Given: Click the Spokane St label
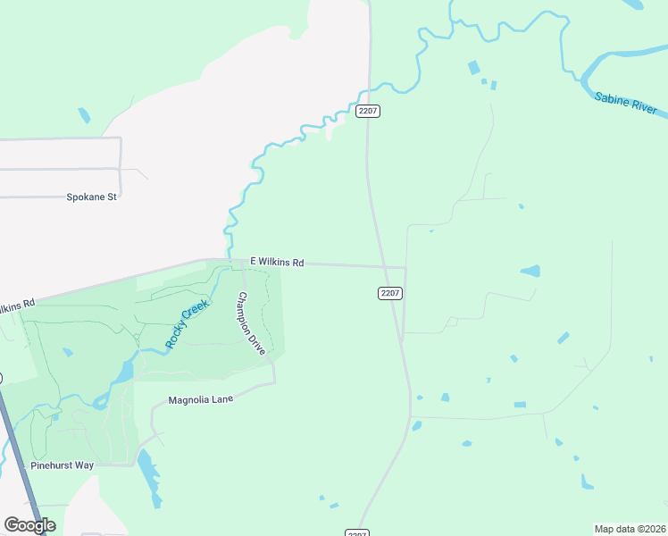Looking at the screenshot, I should pyautogui.click(x=92, y=197).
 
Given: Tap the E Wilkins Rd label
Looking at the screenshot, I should pyautogui.click(x=277, y=263).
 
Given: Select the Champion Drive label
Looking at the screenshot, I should pyautogui.click(x=251, y=323).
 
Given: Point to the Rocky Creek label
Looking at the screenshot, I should pyautogui.click(x=188, y=323).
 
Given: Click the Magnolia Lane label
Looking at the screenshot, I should pyautogui.click(x=200, y=399).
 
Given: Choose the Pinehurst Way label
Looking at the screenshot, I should pyautogui.click(x=62, y=465).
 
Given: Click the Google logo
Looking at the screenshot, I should pyautogui.click(x=29, y=525).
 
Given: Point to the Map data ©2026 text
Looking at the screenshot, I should pyautogui.click(x=630, y=529).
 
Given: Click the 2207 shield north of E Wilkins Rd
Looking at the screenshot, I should pyautogui.click(x=368, y=111).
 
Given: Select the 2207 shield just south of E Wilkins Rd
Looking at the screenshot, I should pyautogui.click(x=390, y=293).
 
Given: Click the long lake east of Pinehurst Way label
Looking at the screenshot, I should pyautogui.click(x=146, y=473).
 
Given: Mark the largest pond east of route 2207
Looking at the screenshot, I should pyautogui.click(x=530, y=271).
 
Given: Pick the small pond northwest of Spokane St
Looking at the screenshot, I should pyautogui.click(x=84, y=114).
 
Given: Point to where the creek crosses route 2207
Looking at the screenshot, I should pyautogui.click(x=366, y=89).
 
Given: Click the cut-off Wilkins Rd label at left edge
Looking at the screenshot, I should pyautogui.click(x=17, y=306).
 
